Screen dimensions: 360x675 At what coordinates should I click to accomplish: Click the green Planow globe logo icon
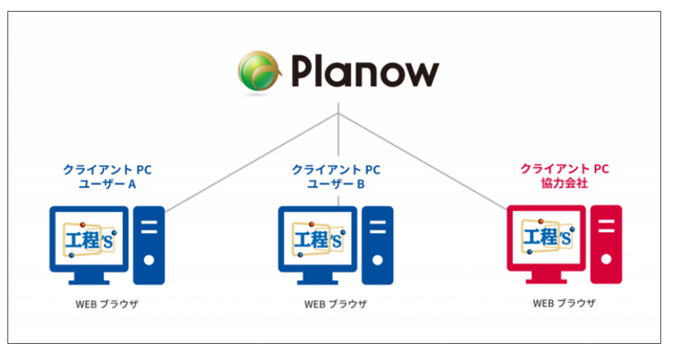coord(259,71)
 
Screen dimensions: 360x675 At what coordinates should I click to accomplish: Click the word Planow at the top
coord(365,72)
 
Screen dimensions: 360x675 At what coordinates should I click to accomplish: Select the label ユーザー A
coord(107,184)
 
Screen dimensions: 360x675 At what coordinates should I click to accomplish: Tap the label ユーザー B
coord(336,184)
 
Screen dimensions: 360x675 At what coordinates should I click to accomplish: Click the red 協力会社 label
coord(564,184)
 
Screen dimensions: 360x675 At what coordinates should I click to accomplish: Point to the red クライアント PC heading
coord(564,169)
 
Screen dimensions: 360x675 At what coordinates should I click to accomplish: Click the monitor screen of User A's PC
coord(89,238)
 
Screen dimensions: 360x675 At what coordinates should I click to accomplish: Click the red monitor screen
coord(546,237)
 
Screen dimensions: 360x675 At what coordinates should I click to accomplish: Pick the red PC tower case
coord(606,244)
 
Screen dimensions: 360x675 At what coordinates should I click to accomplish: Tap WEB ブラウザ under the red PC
coord(564,303)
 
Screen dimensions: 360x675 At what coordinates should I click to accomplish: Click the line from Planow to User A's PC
coord(249,163)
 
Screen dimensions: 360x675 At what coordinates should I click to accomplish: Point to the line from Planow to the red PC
coord(423,162)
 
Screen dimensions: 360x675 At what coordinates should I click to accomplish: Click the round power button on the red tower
coord(606,259)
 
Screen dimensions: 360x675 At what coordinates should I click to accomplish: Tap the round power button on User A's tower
coord(149,260)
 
